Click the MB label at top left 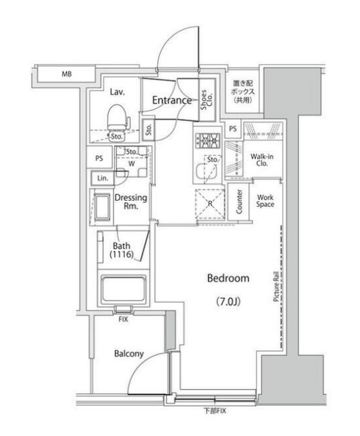click(67, 73)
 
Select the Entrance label click(172, 101)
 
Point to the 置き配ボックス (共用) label click(240, 88)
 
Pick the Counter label click(240, 202)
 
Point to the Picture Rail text click(276, 290)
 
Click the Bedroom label click(228, 278)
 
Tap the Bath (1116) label click(122, 250)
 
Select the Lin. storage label click(103, 179)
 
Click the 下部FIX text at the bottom click(214, 411)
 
